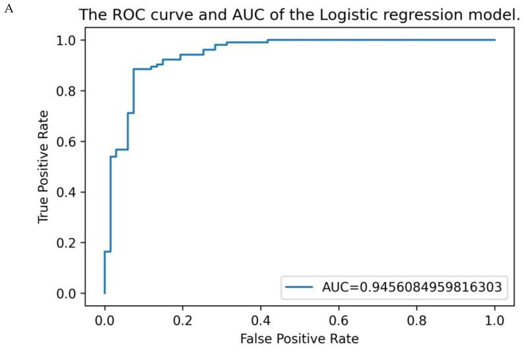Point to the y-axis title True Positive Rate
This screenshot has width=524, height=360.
44,166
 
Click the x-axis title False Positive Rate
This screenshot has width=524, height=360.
299,339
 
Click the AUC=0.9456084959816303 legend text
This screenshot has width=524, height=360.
405,288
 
